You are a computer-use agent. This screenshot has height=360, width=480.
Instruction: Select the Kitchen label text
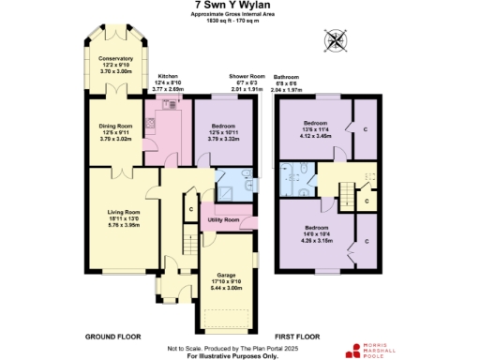pyautogui.click(x=168, y=75)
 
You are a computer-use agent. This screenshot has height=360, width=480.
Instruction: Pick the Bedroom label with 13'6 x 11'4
pyautogui.click(x=316, y=124)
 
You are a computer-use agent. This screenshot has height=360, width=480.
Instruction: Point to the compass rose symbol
pyautogui.click(x=335, y=40)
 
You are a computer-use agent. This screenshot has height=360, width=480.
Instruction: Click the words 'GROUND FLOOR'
pyautogui.click(x=112, y=335)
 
